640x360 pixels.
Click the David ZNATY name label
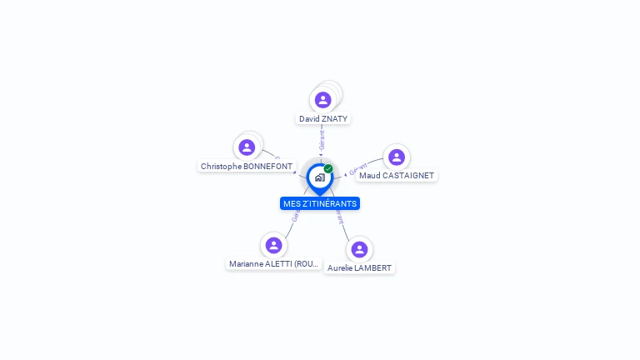point(323,119)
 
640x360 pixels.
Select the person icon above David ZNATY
point(323,100)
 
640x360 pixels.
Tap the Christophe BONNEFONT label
point(247,167)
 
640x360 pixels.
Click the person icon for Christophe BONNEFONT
point(247,147)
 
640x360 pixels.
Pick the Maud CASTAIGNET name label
point(397,176)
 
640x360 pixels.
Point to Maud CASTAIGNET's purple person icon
point(397,157)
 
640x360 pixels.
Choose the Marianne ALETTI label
point(274,264)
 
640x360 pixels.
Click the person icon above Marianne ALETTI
point(273,245)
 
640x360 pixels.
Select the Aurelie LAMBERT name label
point(359,268)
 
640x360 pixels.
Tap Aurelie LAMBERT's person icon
point(359,249)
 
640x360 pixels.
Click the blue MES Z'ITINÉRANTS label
point(320,203)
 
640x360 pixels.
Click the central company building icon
point(319,177)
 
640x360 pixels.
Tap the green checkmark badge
point(328,169)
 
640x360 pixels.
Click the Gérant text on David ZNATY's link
point(322,139)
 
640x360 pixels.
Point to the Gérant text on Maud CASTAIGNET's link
point(358,170)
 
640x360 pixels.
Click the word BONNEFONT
point(267,167)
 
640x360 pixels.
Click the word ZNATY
point(336,119)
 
